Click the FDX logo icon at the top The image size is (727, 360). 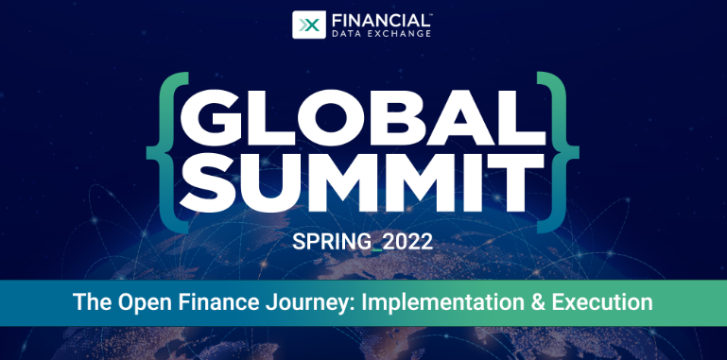(307, 24)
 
